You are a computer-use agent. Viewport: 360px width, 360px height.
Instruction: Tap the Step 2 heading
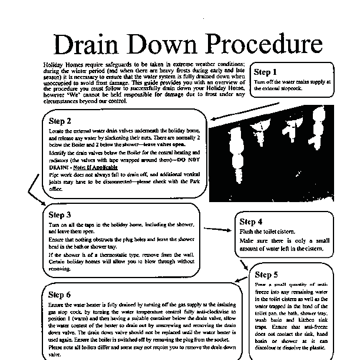point(60,121)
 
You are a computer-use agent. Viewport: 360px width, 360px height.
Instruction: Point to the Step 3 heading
point(60,215)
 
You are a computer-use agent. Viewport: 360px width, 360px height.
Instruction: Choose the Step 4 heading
point(252,222)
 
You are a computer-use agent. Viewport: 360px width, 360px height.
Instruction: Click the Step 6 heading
point(60,294)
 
